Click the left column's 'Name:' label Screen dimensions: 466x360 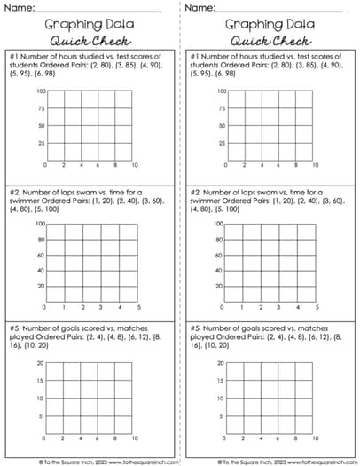click(x=20, y=8)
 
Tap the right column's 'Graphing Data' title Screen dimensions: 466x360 click(x=270, y=25)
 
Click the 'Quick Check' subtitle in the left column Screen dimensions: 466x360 click(x=90, y=41)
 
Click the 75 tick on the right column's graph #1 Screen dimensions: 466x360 click(x=221, y=109)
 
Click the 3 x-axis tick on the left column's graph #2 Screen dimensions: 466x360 click(x=101, y=307)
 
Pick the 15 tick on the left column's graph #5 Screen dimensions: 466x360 click(x=42, y=382)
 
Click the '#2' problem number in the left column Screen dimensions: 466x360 click(x=15, y=192)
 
